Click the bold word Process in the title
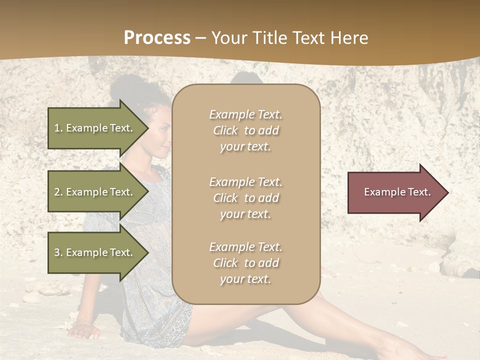coord(157,38)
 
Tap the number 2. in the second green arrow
coord(58,192)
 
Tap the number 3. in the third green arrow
coord(58,252)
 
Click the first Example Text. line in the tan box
coord(245,114)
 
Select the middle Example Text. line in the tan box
coord(245,182)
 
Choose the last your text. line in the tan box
coord(245,279)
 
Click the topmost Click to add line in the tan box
coord(245,130)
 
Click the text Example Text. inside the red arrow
coord(397,192)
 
